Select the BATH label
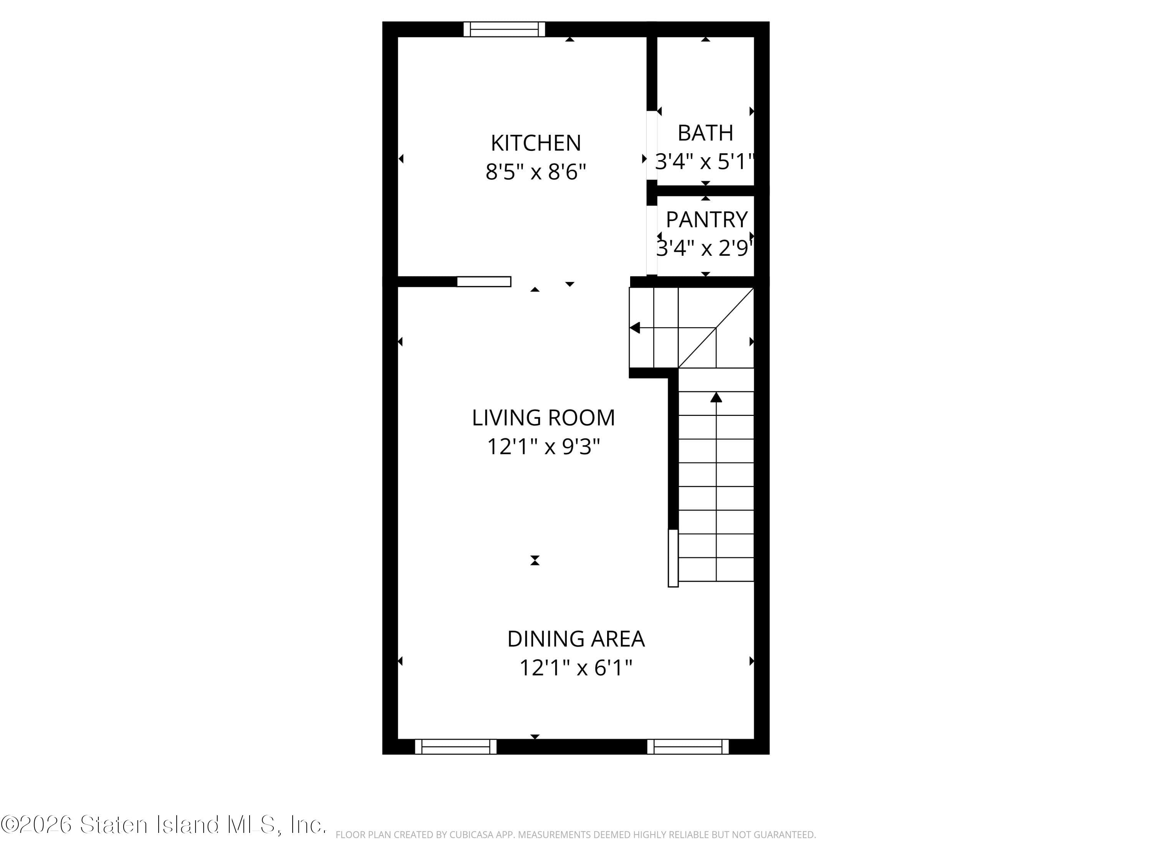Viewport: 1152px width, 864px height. pos(705,133)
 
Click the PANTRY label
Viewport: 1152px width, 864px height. pos(706,220)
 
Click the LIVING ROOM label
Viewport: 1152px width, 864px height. pos(543,418)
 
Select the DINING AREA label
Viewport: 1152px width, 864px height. pos(576,639)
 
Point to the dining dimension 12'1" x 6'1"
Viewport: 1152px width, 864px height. pos(576,668)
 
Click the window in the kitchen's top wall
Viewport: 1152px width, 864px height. pos(504,29)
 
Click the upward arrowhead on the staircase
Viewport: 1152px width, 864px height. pos(716,398)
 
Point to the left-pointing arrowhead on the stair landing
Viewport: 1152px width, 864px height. pos(635,328)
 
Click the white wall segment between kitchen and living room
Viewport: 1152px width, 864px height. pos(484,282)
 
